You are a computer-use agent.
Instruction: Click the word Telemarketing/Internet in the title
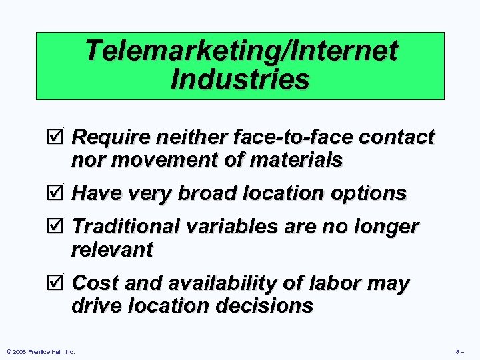coord(241,51)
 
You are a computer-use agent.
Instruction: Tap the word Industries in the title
coord(240,79)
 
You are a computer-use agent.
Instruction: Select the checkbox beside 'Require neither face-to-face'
coord(59,137)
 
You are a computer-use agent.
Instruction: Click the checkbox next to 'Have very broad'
coord(59,193)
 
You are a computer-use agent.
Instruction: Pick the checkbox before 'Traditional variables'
coord(59,227)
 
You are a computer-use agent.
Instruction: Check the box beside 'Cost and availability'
coord(59,283)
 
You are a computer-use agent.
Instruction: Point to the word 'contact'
coord(398,137)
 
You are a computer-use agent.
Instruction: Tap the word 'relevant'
coord(112,250)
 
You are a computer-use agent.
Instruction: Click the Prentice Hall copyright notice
coord(39,351)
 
